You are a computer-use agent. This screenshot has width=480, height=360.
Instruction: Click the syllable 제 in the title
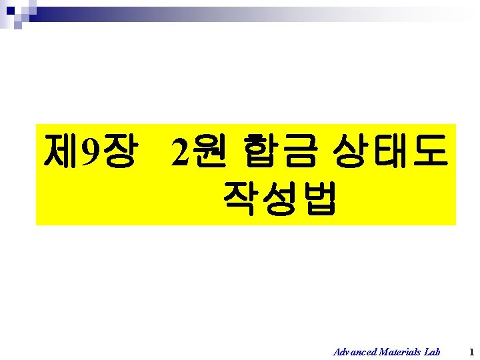(59, 151)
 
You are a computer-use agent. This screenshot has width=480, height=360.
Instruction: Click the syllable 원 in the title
(207, 151)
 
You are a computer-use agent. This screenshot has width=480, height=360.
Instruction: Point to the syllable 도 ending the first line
(426, 151)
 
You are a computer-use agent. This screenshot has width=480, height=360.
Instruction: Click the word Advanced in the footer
(355, 351)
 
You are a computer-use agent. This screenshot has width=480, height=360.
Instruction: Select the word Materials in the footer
(401, 351)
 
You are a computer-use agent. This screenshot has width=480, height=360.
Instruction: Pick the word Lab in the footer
(432, 351)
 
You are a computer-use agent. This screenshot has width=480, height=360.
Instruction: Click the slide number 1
(471, 351)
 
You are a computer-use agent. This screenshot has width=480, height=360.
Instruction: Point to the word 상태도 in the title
(387, 151)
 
